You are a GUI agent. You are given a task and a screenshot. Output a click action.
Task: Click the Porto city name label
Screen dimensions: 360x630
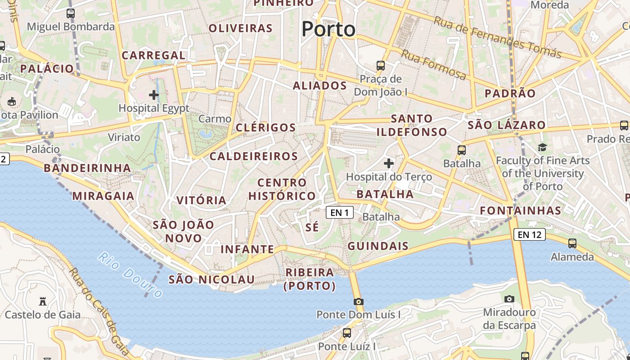pos(328,29)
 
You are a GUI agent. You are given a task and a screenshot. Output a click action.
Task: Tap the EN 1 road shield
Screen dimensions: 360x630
pos(340,212)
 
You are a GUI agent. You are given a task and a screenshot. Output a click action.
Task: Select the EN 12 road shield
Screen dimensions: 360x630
pos(529,234)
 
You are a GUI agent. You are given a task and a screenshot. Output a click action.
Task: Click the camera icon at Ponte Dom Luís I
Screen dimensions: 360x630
pos(359,301)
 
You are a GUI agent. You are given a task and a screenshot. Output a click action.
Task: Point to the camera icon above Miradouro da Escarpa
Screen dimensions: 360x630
pos(509,299)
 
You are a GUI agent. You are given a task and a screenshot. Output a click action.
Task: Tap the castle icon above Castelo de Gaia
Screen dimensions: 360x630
pos(43,301)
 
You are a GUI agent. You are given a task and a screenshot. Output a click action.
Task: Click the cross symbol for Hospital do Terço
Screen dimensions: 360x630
pos(389,163)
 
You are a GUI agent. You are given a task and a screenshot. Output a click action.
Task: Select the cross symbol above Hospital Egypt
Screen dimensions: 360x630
pos(154,95)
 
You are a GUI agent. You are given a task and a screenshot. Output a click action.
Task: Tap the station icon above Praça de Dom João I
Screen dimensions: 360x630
pos(381,66)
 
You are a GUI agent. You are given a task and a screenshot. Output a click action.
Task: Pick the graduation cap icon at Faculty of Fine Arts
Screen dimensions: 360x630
pos(542,147)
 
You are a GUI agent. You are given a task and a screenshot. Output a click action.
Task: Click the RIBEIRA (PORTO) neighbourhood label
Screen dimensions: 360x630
pos(310,279)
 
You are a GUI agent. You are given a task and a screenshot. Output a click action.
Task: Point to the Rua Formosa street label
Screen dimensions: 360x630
pos(433,65)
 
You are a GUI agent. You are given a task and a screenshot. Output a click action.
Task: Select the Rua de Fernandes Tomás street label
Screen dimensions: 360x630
pos(498,37)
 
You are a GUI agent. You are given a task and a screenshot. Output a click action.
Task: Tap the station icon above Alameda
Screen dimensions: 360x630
pos(572,243)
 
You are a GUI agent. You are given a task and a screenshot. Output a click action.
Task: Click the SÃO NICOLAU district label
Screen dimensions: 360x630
pos(211,279)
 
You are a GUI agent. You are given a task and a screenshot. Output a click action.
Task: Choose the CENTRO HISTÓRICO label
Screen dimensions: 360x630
pos(282,189)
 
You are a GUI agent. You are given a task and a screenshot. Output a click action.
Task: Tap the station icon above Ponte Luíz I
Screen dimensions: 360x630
pos(346,333)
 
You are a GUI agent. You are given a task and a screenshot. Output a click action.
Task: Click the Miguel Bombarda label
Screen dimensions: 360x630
pos(71,27)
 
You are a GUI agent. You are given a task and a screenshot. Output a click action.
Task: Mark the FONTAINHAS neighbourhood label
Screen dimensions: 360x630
pos(521,211)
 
